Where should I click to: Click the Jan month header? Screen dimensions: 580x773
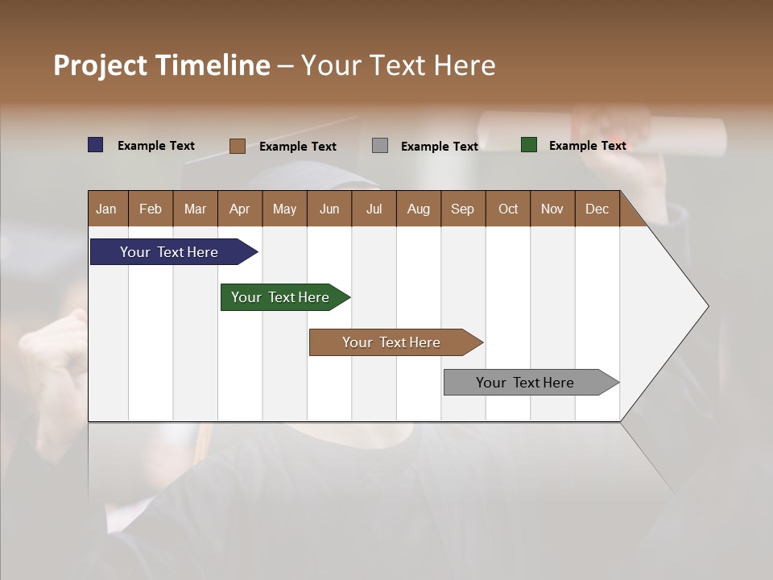(x=107, y=209)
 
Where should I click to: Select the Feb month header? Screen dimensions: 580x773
(x=151, y=209)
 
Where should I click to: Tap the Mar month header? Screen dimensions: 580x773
(x=195, y=209)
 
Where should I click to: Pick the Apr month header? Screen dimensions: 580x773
(x=240, y=209)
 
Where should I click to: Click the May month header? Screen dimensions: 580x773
(x=284, y=209)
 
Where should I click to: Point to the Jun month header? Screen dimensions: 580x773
(x=329, y=209)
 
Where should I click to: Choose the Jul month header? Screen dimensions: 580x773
(x=374, y=209)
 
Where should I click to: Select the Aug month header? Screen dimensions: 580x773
(x=419, y=209)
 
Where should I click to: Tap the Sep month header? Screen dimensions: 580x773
(x=463, y=209)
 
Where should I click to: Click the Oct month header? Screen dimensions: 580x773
(x=508, y=209)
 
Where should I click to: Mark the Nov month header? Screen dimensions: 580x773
(x=552, y=209)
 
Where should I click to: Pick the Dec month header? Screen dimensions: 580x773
(x=597, y=209)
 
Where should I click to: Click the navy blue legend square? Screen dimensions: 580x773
(x=96, y=145)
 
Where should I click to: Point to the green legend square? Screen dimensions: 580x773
(x=529, y=145)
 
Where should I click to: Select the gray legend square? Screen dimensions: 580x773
(x=380, y=146)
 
